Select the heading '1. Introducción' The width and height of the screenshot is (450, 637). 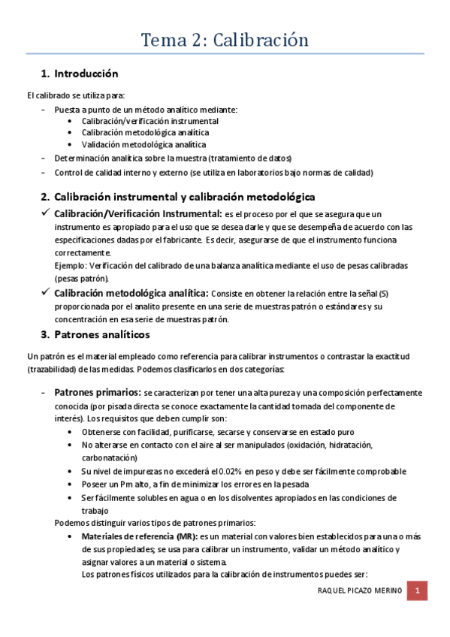[x=79, y=74]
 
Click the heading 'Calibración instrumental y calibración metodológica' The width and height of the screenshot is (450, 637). [x=185, y=198]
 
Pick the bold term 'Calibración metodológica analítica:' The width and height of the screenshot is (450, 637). [x=131, y=293]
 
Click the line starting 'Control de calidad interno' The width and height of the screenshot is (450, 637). [x=213, y=173]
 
